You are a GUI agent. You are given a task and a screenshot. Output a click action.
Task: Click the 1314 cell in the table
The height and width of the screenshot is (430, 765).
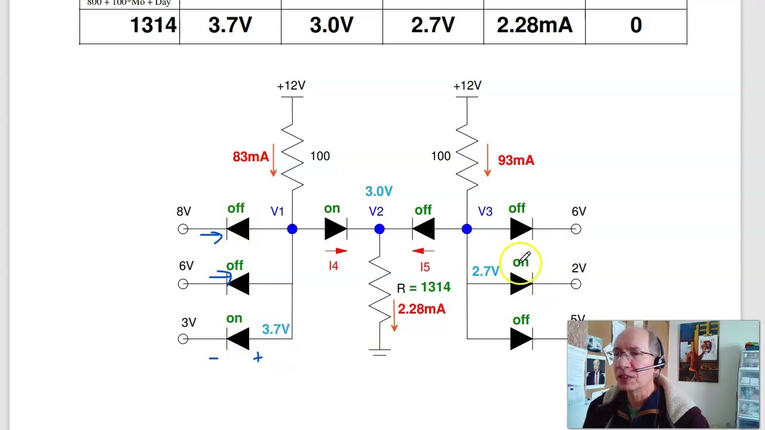(153, 25)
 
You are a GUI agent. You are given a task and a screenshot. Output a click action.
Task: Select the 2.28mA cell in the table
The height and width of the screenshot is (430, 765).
(534, 25)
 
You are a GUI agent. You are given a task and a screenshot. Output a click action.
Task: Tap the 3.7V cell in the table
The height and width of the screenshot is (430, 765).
(230, 25)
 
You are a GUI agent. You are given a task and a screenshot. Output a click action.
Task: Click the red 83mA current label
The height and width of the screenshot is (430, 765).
(250, 156)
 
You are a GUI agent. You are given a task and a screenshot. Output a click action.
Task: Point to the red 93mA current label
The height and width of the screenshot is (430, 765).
(516, 160)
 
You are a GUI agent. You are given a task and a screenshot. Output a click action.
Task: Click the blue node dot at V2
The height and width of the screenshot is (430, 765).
(380, 229)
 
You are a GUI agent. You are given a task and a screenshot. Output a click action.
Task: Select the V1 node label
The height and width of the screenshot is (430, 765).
(277, 211)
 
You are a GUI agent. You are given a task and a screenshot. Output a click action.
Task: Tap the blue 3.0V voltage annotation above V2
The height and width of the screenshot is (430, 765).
(379, 191)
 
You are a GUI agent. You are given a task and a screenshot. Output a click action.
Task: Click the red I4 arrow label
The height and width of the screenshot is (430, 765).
(333, 266)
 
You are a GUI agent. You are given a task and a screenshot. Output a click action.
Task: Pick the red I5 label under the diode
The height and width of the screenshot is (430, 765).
(424, 267)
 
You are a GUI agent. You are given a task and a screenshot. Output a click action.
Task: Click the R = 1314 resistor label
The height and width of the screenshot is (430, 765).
(424, 288)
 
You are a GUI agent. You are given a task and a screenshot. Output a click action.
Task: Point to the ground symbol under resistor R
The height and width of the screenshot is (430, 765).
(380, 352)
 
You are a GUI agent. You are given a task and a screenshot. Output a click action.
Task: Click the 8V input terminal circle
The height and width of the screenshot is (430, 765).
(183, 229)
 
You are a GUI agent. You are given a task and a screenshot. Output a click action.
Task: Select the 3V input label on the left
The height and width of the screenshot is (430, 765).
(189, 322)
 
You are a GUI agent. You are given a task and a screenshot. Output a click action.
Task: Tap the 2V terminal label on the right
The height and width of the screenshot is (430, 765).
(579, 268)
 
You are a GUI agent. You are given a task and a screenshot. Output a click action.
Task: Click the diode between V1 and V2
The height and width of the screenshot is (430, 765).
(335, 229)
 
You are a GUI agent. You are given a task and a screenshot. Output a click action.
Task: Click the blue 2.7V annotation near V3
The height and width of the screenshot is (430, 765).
(485, 272)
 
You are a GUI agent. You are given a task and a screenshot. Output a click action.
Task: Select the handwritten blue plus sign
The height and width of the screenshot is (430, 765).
(258, 357)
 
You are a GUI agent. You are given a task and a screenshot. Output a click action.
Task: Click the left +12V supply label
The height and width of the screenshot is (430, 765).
(291, 86)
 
